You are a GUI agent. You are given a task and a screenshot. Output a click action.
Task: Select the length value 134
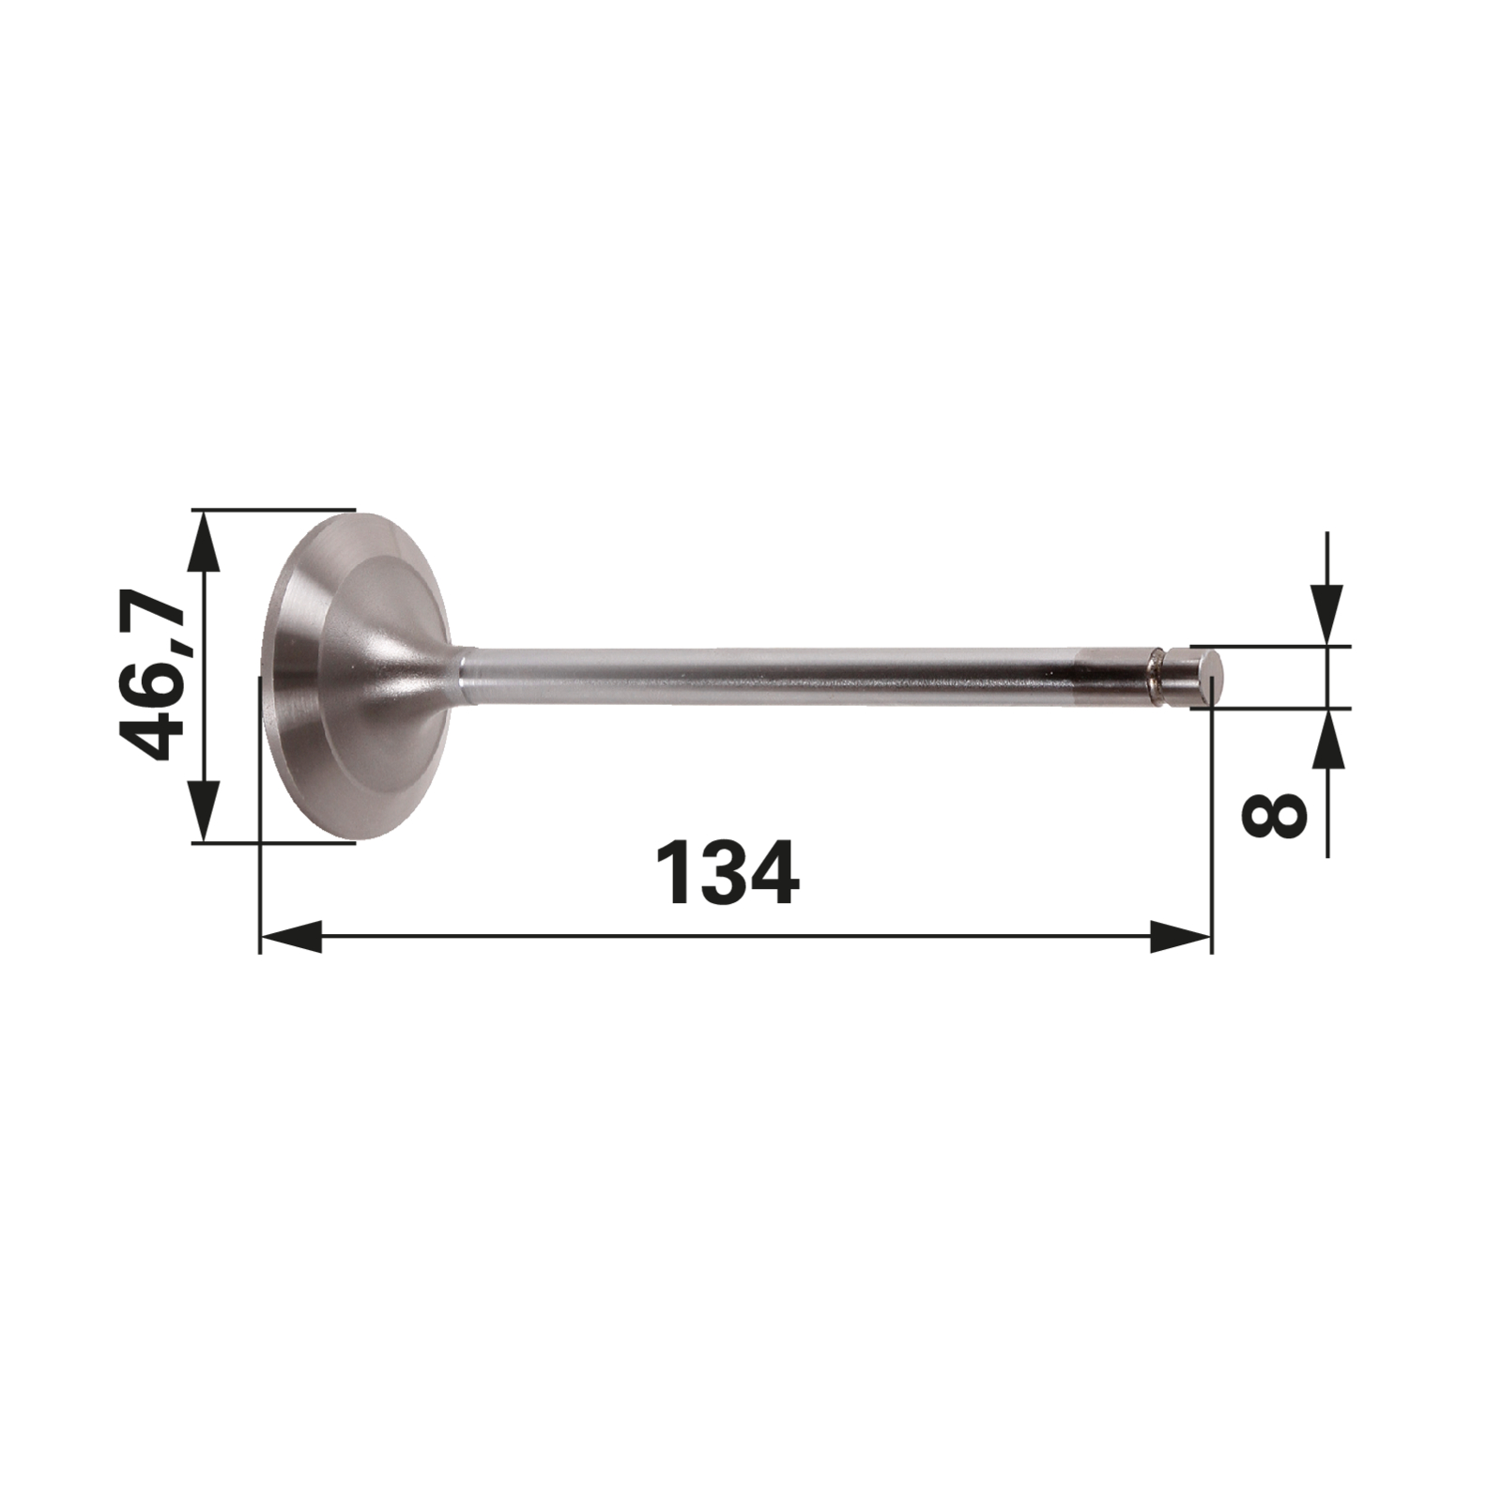pyautogui.click(x=728, y=873)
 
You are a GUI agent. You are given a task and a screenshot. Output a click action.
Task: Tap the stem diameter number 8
pyautogui.click(x=1274, y=814)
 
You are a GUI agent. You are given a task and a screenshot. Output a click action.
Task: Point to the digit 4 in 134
pyautogui.click(x=774, y=873)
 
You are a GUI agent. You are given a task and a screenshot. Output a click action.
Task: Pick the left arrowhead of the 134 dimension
pyautogui.click(x=291, y=936)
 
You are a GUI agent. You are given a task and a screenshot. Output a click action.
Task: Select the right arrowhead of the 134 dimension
pyautogui.click(x=1181, y=936)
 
